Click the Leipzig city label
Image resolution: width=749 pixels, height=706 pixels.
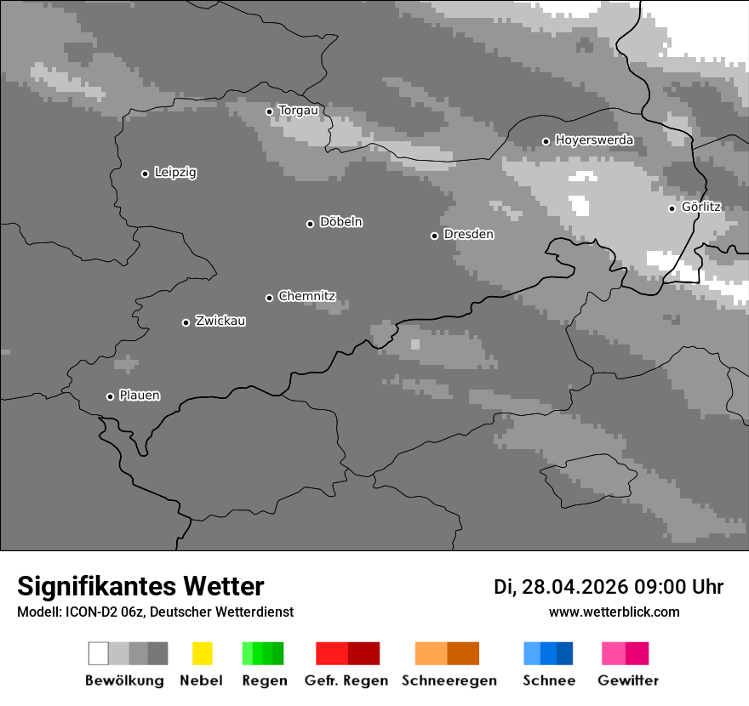(x=175, y=173)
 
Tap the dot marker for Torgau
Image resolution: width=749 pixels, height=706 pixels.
(x=269, y=111)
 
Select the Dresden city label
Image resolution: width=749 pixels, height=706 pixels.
(x=468, y=235)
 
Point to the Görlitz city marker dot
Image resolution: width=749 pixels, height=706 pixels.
(x=672, y=208)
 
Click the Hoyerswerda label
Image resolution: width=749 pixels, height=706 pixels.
(x=594, y=140)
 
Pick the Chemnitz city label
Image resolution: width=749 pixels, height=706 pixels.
(x=306, y=297)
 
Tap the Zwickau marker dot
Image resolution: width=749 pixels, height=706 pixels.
(x=186, y=322)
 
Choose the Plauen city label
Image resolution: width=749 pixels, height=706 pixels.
(x=140, y=396)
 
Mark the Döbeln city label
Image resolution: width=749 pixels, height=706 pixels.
(x=340, y=222)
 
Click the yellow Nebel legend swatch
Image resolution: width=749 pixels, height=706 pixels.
(x=202, y=653)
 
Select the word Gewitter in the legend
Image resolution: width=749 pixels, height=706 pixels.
(x=628, y=680)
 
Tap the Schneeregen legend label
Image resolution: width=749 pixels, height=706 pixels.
(x=449, y=680)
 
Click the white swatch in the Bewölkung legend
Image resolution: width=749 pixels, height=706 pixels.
(x=98, y=653)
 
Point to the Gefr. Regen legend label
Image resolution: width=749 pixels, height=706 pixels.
(x=346, y=680)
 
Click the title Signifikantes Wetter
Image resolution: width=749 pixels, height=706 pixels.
(x=141, y=586)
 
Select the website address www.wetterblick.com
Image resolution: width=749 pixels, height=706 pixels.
(x=615, y=612)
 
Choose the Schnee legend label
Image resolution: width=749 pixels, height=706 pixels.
(x=549, y=680)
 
